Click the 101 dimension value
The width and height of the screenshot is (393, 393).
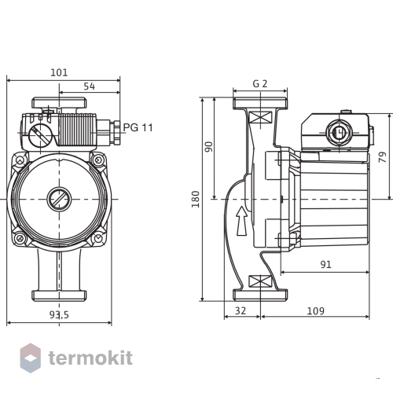point(59,72)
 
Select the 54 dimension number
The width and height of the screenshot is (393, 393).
point(90,86)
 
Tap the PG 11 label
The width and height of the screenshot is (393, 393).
point(138,127)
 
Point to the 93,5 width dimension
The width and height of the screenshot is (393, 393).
point(59,314)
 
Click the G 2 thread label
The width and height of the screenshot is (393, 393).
point(260,83)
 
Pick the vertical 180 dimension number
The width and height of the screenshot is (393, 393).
point(196,200)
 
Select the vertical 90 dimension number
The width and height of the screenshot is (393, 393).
point(209,147)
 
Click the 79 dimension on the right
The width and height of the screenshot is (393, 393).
point(383,156)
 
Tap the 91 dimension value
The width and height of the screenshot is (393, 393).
point(325,264)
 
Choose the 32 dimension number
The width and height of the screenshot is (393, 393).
point(241,310)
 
